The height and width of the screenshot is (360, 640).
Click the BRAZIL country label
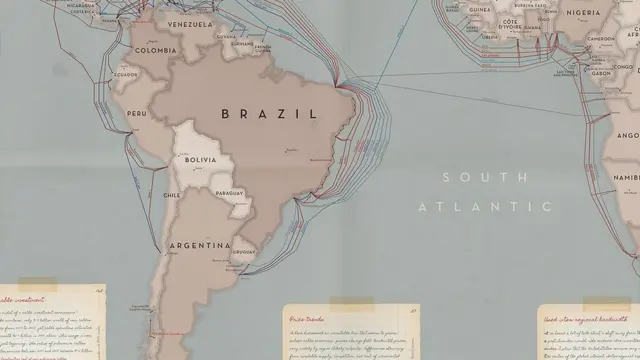point(269,114)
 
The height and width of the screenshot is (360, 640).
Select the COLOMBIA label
point(155,50)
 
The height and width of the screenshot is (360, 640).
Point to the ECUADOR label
point(126,74)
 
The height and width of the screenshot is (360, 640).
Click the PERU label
point(137,114)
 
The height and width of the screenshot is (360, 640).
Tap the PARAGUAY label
point(229,192)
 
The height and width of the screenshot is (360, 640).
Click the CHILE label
point(171,196)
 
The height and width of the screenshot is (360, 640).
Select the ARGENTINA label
point(200,245)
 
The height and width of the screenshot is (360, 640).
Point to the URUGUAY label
point(242,252)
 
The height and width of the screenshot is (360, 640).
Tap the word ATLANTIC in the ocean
point(485,207)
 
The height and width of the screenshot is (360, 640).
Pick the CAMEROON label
point(601,39)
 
